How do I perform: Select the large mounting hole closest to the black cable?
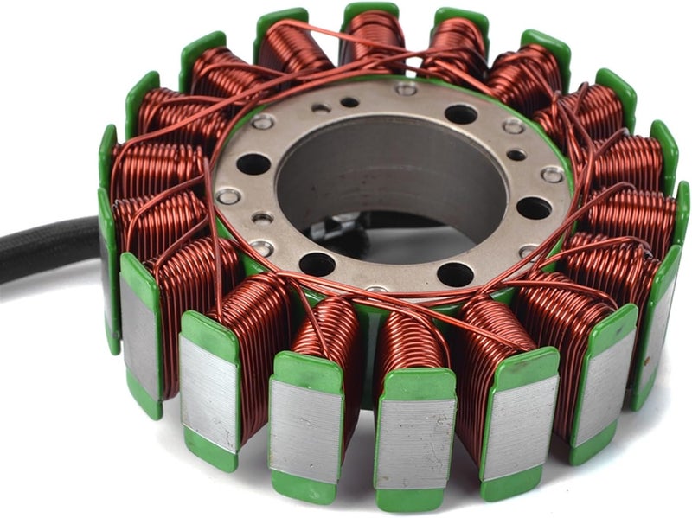pyautogui.click(x=253, y=163)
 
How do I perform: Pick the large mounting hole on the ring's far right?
pyautogui.click(x=533, y=208)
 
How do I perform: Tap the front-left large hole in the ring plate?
pyautogui.click(x=317, y=265)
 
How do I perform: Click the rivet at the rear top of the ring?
pyautogui.click(x=405, y=89)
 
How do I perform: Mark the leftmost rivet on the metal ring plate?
pyautogui.click(x=228, y=197)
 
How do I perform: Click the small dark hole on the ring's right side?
pyautogui.click(x=516, y=156)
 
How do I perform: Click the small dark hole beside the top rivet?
pyautogui.click(x=349, y=102)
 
